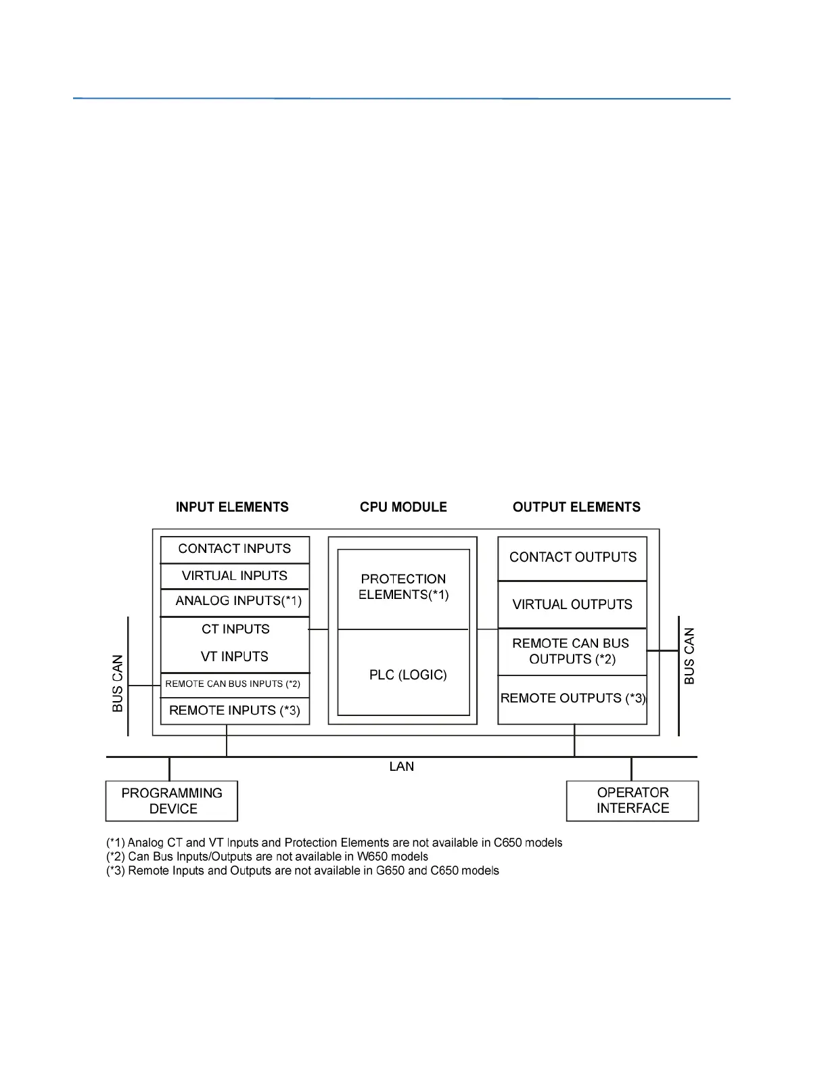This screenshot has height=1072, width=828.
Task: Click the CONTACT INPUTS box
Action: point(235,549)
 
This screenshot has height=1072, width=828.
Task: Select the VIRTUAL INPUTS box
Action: point(235,576)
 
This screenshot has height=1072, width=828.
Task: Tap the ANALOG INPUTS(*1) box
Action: point(235,602)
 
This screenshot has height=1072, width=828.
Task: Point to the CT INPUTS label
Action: point(235,629)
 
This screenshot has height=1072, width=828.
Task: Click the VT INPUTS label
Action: point(235,656)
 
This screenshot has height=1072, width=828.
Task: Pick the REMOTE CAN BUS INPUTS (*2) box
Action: point(233,684)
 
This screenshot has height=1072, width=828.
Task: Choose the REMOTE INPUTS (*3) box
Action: point(235,711)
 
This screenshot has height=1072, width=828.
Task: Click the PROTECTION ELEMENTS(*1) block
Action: point(403,587)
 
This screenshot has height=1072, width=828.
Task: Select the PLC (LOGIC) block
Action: point(407,675)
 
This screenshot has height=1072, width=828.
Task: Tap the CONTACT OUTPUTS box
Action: point(573,558)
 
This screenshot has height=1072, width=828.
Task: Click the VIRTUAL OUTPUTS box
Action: point(572,604)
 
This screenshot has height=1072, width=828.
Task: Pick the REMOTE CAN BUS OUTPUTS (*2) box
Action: point(572,651)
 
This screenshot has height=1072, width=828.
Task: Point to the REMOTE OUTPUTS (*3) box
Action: point(572,698)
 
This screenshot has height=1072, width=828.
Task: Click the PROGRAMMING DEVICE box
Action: point(172,801)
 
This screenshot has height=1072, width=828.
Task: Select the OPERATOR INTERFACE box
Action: point(632,801)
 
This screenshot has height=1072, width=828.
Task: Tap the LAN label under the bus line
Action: point(402,767)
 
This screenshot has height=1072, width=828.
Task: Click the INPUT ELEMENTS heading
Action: point(232,508)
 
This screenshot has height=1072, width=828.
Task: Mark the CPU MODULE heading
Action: point(403,508)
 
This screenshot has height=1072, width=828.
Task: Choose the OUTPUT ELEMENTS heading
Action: point(576,508)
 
